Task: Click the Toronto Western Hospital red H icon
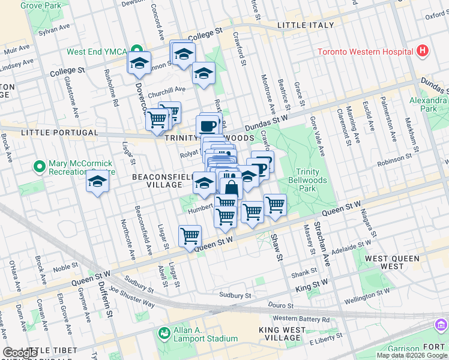(x=423, y=51)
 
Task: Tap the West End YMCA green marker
(x=136, y=52)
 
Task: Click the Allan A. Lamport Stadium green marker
(x=164, y=332)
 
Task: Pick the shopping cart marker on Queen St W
(x=190, y=236)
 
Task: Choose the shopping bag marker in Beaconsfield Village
(x=231, y=186)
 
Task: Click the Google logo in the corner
(x=20, y=353)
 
